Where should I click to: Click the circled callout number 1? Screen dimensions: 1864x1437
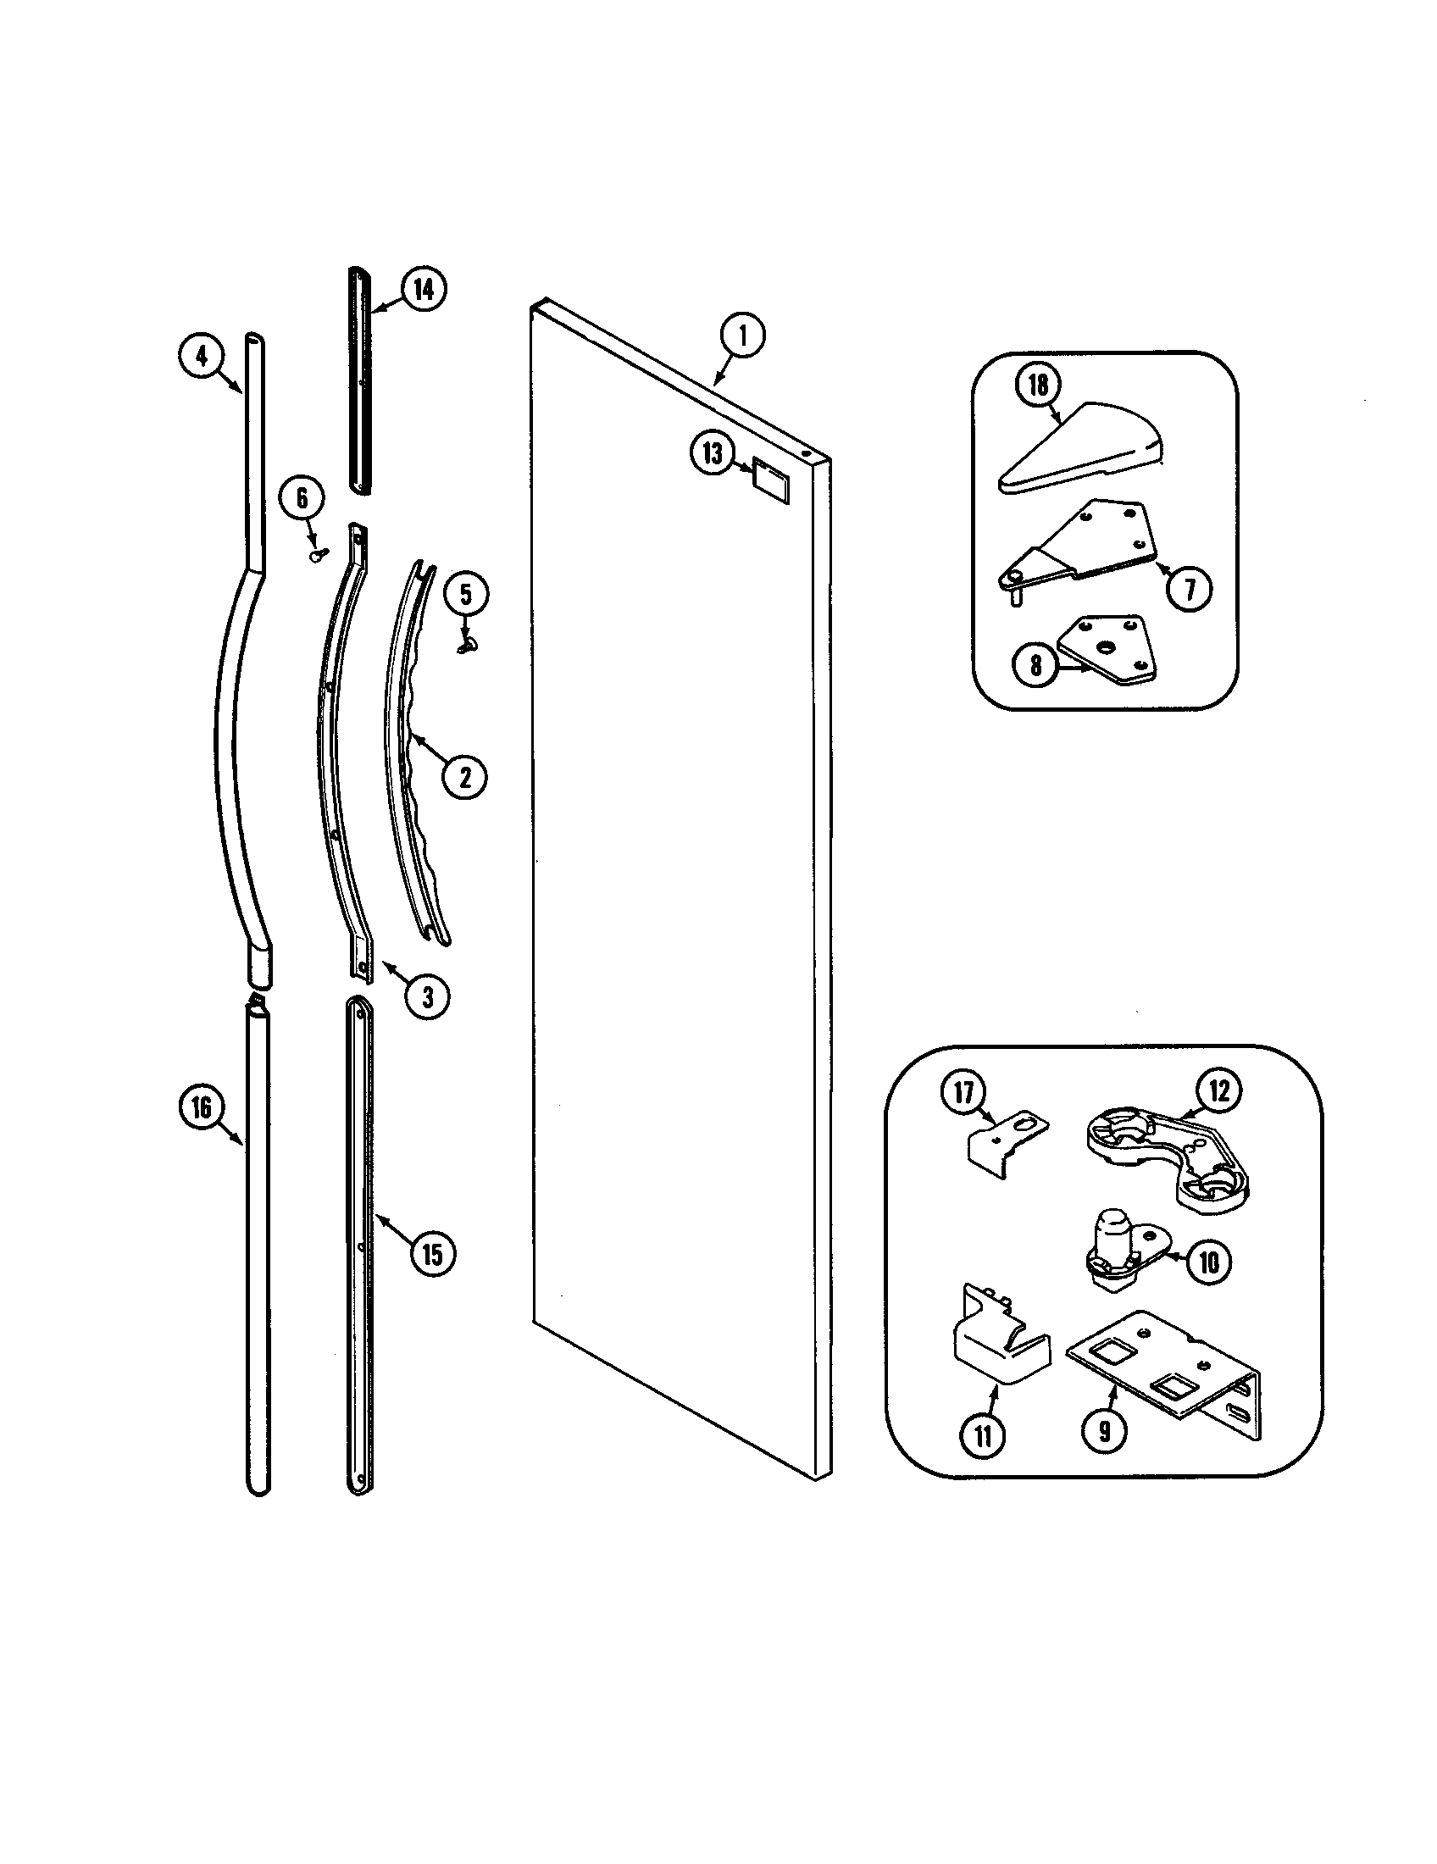pos(742,336)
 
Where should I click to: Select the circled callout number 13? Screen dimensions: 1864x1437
pos(713,453)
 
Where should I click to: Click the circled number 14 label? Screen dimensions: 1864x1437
pos(424,289)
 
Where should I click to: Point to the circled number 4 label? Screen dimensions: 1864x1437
pos(202,356)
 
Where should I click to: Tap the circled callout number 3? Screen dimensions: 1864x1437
pos(427,996)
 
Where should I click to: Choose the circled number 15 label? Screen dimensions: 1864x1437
pos(433,1254)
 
